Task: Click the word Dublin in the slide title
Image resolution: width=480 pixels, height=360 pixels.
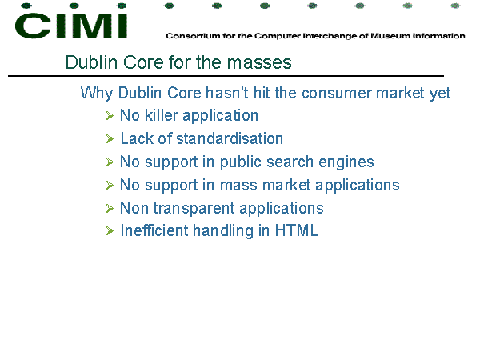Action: click(x=91, y=62)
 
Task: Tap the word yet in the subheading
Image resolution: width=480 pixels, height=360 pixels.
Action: click(x=440, y=94)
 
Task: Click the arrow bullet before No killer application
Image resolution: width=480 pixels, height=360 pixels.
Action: click(x=110, y=116)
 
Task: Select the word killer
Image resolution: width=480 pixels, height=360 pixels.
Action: click(x=162, y=115)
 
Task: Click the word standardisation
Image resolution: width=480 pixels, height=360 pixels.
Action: click(x=230, y=138)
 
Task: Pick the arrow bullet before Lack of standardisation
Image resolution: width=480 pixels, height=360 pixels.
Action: click(x=110, y=139)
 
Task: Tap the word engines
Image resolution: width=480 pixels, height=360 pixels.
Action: click(x=346, y=162)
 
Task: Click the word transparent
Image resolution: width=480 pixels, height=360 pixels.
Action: click(x=194, y=209)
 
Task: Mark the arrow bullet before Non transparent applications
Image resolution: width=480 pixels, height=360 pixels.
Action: click(x=110, y=209)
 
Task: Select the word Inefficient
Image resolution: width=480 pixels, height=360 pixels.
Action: click(x=154, y=230)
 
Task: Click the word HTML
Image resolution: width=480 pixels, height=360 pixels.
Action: click(x=296, y=230)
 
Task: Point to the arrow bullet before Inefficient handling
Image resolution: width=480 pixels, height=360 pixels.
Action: click(x=110, y=231)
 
